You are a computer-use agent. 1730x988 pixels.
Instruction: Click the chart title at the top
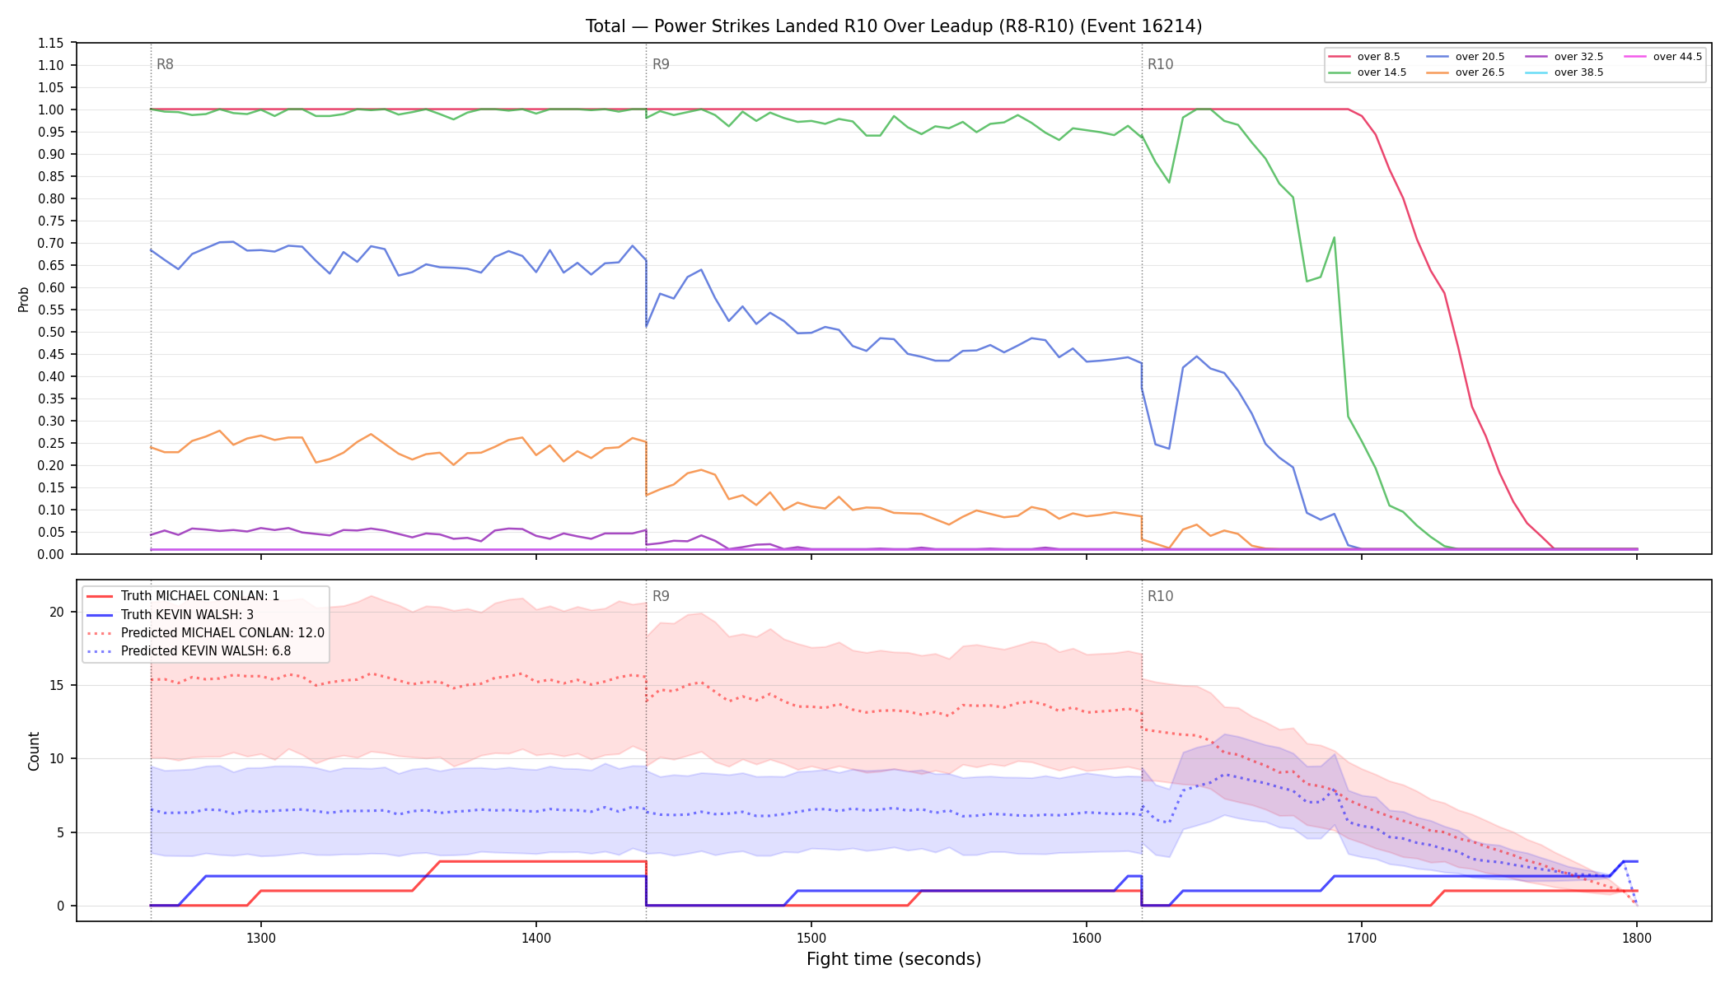(894, 26)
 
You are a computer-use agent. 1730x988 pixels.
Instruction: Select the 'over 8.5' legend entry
(1364, 57)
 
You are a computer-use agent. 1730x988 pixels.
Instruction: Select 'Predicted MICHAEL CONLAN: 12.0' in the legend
(206, 633)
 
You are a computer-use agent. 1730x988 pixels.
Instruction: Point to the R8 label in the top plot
(165, 64)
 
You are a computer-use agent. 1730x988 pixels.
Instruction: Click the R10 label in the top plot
(1160, 64)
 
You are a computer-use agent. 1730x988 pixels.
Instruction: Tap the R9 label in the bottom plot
(661, 596)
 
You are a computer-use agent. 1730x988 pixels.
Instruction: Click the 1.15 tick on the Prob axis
(50, 43)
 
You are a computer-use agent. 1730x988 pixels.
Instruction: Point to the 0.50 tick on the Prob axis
(50, 332)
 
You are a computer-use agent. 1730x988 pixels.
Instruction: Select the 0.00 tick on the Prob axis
(50, 554)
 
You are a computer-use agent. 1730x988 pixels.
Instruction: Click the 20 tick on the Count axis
(57, 612)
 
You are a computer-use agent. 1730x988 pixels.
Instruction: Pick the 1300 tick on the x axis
(261, 938)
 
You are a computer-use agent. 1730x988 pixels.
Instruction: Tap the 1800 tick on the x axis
(1637, 938)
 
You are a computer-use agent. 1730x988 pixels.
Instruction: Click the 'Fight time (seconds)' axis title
(894, 959)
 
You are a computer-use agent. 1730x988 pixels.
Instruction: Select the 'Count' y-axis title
(34, 751)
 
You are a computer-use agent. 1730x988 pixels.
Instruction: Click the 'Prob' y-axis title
(23, 299)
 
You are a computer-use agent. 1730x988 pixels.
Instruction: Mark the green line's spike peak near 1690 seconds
(1334, 238)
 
